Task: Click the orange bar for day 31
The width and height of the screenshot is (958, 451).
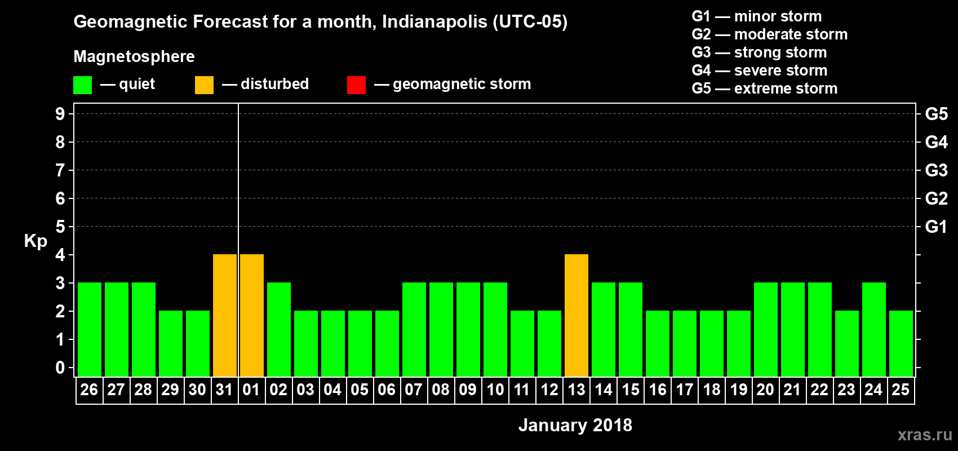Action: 225,315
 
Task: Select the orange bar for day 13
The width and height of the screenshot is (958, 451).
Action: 576,315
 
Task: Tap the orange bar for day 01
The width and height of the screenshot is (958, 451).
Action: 252,315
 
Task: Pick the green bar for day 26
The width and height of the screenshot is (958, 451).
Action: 90,329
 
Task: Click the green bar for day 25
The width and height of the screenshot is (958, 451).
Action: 901,343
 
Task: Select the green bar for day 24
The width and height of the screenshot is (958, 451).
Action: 874,329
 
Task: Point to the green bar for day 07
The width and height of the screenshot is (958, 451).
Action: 414,329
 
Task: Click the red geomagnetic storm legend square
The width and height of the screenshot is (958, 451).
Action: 356,85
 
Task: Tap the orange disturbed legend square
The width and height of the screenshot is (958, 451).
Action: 204,85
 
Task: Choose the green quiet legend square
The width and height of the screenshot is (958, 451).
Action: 82,85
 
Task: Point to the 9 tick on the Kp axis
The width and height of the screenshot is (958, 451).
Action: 60,114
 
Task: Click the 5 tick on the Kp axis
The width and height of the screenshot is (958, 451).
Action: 60,227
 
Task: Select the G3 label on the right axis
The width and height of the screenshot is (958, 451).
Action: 936,170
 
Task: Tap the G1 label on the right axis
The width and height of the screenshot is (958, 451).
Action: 936,227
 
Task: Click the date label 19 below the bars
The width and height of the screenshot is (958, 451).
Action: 738,390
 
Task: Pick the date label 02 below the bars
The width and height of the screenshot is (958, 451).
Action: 278,390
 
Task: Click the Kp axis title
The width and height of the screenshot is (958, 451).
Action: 36,241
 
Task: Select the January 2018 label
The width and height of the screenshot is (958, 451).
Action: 575,425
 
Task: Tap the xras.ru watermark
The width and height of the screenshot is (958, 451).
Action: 925,435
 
